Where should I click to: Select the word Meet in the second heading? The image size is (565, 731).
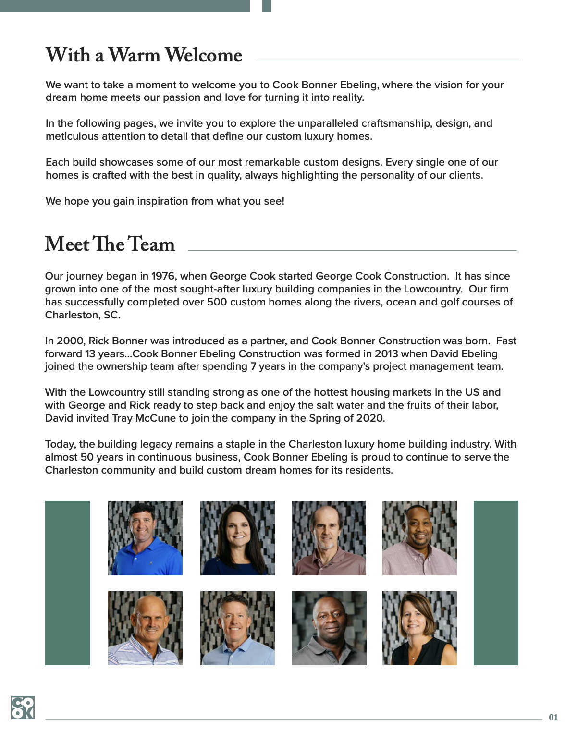67,244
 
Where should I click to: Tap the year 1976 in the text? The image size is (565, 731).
163,276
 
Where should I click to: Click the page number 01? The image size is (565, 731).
553,718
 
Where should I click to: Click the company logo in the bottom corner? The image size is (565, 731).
23,707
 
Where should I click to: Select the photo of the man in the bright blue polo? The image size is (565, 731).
145,538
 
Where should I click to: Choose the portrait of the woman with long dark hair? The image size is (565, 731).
237,538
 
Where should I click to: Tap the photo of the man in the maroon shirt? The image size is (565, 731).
329,538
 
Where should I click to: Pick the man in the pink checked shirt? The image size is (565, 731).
419,538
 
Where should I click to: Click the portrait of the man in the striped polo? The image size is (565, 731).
145,628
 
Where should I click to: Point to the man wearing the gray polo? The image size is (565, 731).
329,628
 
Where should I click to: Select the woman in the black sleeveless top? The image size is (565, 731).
419,628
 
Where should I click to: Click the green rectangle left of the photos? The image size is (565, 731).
67,583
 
